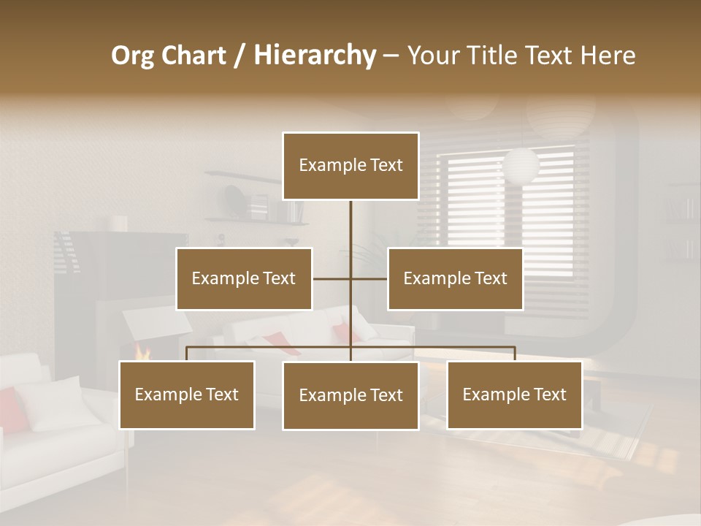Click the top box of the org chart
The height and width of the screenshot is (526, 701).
[x=350, y=166]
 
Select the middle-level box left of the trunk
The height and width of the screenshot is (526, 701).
[x=244, y=278]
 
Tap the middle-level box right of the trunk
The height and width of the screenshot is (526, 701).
[x=455, y=278]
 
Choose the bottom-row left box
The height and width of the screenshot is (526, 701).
[x=187, y=394]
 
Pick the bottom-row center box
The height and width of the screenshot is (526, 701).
[x=350, y=395]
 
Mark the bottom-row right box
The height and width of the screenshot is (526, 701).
[x=514, y=394]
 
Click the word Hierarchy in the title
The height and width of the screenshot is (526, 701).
[x=315, y=56]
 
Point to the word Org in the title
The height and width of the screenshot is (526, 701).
[x=132, y=56]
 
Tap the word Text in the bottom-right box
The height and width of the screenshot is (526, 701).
[x=548, y=394]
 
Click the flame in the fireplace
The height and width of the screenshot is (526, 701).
[x=142, y=354]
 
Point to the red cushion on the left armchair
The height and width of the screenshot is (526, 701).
[x=9, y=409]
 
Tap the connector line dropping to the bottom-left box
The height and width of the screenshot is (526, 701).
[x=187, y=354]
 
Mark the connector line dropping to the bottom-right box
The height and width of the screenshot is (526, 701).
[x=514, y=354]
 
